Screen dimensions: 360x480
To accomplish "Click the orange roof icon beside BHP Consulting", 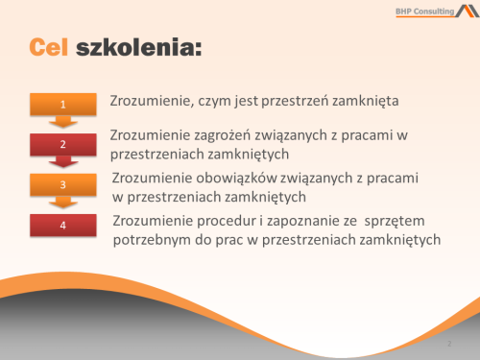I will [x=466, y=12].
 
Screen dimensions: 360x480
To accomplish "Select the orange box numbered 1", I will [x=63, y=104].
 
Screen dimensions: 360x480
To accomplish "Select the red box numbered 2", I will [x=63, y=144].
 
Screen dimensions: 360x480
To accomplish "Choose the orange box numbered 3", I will [x=63, y=184].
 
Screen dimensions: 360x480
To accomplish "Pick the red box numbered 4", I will [x=63, y=226].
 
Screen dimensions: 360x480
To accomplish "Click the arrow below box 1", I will [x=63, y=122].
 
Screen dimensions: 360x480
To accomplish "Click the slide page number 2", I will [x=448, y=343].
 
